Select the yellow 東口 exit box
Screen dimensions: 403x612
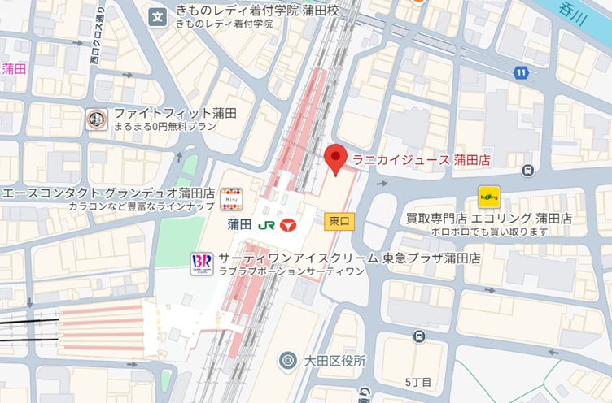click(339, 220)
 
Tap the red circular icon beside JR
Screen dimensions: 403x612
click(286, 223)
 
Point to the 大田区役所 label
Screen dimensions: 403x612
click(334, 360)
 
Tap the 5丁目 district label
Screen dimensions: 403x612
click(417, 382)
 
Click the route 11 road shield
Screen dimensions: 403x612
click(520, 73)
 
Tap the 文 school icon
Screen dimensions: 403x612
click(158, 14)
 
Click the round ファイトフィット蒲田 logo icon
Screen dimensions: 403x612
click(96, 119)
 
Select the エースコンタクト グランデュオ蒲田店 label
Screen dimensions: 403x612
click(108, 194)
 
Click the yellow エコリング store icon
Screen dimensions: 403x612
click(488, 196)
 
